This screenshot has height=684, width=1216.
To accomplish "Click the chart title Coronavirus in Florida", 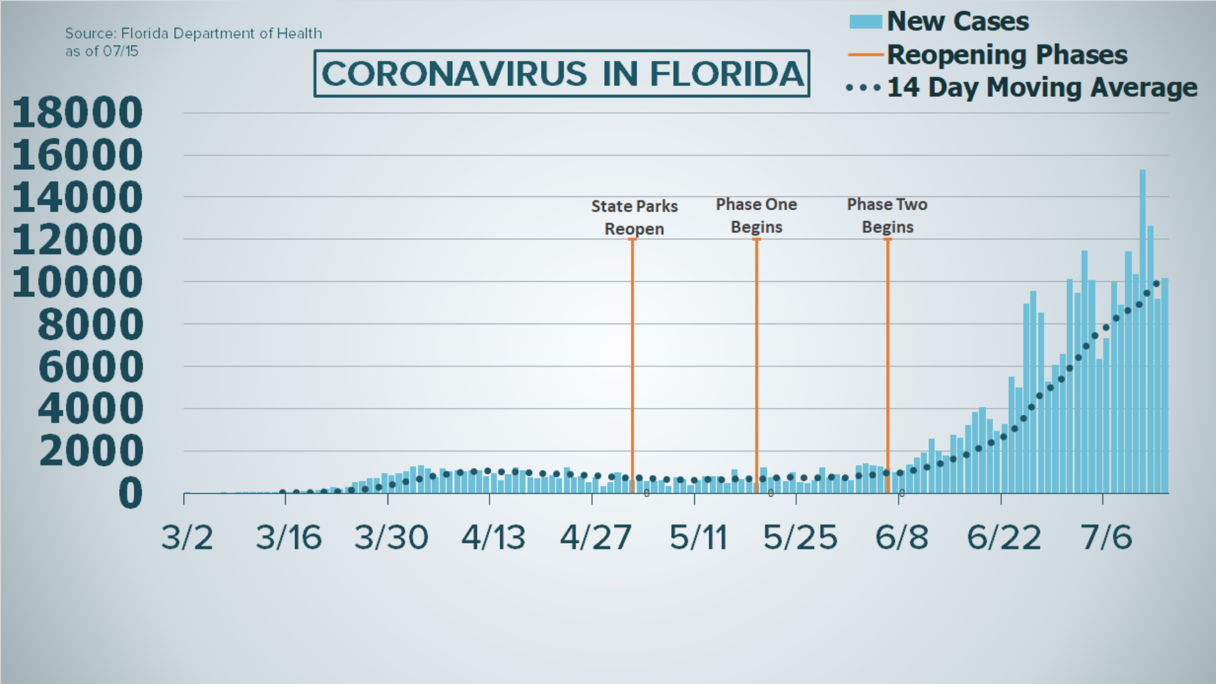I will [562, 73].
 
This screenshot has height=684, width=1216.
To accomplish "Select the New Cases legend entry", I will [957, 22].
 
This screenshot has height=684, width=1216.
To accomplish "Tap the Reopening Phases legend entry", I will [1006, 55].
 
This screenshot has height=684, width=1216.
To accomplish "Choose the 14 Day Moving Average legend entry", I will [1041, 87].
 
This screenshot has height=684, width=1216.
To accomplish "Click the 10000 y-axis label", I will [77, 282].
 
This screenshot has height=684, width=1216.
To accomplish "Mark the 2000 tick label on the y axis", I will [91, 451].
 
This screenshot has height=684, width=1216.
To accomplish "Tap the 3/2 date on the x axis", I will [187, 538].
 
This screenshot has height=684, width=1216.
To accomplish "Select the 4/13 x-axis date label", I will [493, 538].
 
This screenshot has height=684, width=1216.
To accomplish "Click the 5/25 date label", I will [800, 538].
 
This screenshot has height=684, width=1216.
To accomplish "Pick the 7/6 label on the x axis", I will [1106, 538].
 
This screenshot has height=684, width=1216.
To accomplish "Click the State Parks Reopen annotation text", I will [634, 217].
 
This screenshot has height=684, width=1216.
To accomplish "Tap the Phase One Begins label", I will [756, 215].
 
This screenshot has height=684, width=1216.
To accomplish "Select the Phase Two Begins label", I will [887, 215].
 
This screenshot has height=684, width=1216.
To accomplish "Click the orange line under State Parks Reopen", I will [632, 361].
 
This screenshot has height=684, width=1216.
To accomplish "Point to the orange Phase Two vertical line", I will [887, 361].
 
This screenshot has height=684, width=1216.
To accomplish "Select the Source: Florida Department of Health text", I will [193, 34].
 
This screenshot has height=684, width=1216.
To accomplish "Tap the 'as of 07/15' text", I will [101, 51].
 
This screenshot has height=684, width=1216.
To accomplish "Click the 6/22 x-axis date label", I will [1003, 538].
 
